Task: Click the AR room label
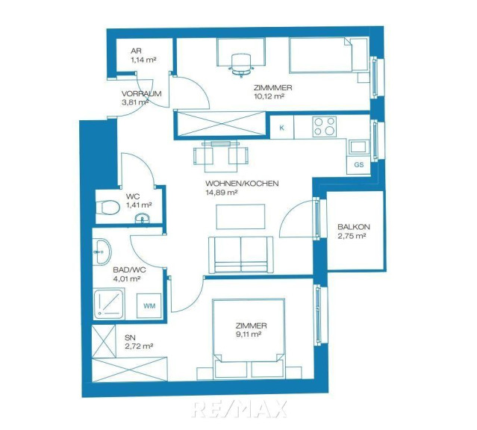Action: tap(136, 51)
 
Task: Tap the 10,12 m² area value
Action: tap(269, 96)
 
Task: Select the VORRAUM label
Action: tap(141, 94)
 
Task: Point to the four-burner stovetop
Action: tap(325, 126)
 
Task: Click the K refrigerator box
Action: tap(281, 128)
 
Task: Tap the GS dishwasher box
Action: tap(358, 165)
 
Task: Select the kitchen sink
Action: tap(358, 147)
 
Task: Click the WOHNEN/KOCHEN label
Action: tap(242, 184)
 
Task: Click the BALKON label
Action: tap(354, 227)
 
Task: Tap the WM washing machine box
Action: tap(149, 306)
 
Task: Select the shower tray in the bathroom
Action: tap(109, 305)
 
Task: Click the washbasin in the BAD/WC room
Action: tap(102, 252)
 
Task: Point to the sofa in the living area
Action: tap(240, 255)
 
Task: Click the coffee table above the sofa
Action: tap(240, 216)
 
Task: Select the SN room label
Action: tap(130, 337)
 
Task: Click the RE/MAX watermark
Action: tap(239, 409)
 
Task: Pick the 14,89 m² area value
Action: tap(222, 193)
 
